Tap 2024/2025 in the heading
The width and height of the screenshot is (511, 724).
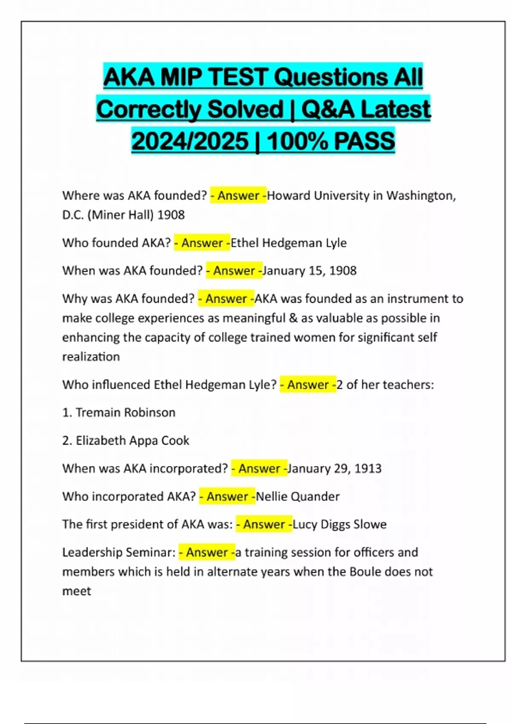click(190, 141)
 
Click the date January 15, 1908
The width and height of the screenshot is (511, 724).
click(310, 270)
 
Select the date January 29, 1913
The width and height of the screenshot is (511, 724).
click(334, 468)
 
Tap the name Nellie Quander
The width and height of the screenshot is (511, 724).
click(298, 496)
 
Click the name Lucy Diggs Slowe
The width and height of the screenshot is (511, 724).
click(339, 524)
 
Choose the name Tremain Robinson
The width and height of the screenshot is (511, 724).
click(126, 412)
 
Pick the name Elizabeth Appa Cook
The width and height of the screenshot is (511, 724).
click(132, 440)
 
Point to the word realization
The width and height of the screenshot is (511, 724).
click(91, 356)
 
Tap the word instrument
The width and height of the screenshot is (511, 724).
click(409, 299)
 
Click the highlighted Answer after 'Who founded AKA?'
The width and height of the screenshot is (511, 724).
click(202, 243)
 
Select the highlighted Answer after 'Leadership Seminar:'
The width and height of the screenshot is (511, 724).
click(207, 552)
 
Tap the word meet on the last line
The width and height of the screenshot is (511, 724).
click(77, 591)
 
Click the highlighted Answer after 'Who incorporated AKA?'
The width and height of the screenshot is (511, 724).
click(227, 496)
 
